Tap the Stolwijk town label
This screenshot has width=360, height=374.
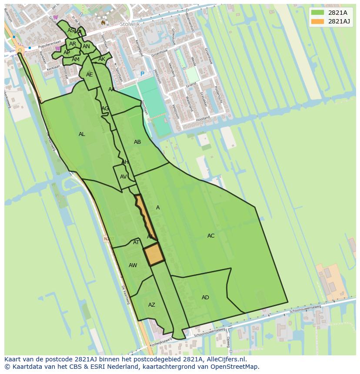click(x=130, y=24)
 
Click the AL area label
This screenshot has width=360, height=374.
click(x=82, y=134)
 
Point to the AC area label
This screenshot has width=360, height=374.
click(x=211, y=236)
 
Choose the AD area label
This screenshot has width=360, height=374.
click(x=205, y=298)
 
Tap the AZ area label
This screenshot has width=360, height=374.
click(x=151, y=305)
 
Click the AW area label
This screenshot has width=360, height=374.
click(x=133, y=265)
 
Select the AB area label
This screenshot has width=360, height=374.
click(x=137, y=142)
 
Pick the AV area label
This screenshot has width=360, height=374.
click(x=123, y=177)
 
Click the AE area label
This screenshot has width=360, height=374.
click(x=89, y=75)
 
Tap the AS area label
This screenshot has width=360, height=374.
click(x=70, y=30)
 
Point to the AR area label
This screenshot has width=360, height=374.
click(x=73, y=44)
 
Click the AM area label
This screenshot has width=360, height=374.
click(x=76, y=60)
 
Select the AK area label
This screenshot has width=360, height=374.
click(x=102, y=59)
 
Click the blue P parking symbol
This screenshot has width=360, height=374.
click(x=142, y=74)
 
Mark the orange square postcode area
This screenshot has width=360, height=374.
click(x=154, y=254)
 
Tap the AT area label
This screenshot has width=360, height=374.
click(x=136, y=242)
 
